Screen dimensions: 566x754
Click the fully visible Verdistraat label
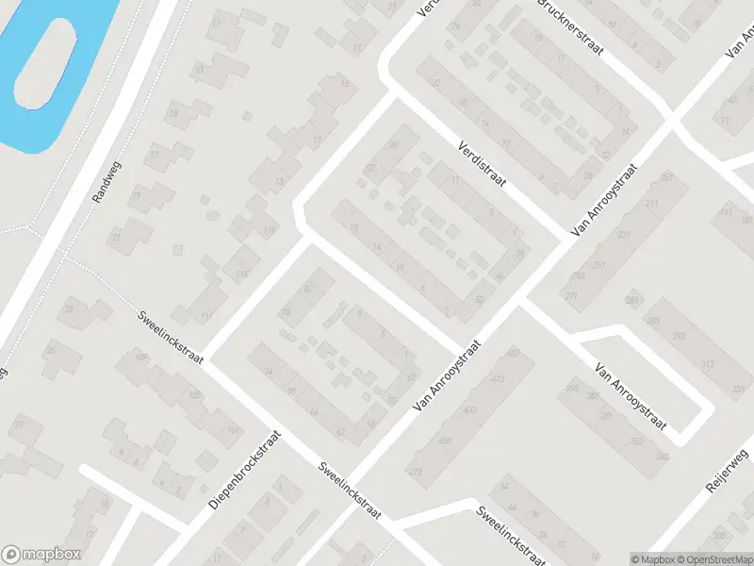click(x=480, y=164)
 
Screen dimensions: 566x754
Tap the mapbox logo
click(x=41, y=555)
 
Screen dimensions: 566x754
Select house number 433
click(x=470, y=410)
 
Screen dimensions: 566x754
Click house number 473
click(x=415, y=469)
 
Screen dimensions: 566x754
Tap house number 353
click(x=636, y=441)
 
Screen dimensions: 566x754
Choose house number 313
click(x=708, y=364)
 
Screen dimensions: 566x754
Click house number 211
click(x=650, y=205)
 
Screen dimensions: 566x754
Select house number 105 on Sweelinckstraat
click(x=196, y=394)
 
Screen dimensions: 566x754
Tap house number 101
click(x=233, y=431)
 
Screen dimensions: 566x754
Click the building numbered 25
click(x=50, y=350)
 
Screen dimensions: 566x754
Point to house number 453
click(x=444, y=441)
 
